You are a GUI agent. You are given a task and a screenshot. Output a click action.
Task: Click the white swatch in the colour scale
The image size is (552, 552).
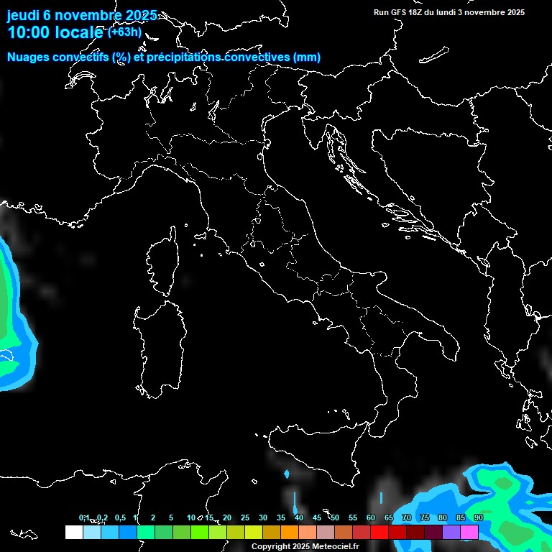tap(73, 532)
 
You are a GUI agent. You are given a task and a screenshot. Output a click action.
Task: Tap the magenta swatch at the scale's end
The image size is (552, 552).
tap(469, 532)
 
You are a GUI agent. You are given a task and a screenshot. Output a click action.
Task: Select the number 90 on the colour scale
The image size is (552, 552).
tap(479, 517)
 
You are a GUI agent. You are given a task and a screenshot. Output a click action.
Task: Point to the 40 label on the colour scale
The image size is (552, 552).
tap(298, 517)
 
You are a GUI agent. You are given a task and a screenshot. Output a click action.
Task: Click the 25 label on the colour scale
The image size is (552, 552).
tap(244, 517)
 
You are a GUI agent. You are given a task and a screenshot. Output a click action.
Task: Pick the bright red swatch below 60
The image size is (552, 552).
tap(379, 532)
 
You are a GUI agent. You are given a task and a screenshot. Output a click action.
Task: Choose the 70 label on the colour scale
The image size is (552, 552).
tap(407, 517)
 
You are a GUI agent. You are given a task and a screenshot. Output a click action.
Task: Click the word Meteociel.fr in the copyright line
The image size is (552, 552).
tap(336, 547)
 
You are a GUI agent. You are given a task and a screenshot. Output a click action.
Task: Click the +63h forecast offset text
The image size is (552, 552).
tap(124, 32)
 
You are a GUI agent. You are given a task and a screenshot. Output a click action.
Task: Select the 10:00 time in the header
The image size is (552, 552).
tap(29, 33)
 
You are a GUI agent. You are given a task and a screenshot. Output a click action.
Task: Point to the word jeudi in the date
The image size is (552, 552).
tap(23, 15)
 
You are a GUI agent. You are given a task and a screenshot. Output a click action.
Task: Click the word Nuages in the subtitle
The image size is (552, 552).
tap(29, 57)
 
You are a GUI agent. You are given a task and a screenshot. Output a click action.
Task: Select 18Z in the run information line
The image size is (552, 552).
tap(418, 12)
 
